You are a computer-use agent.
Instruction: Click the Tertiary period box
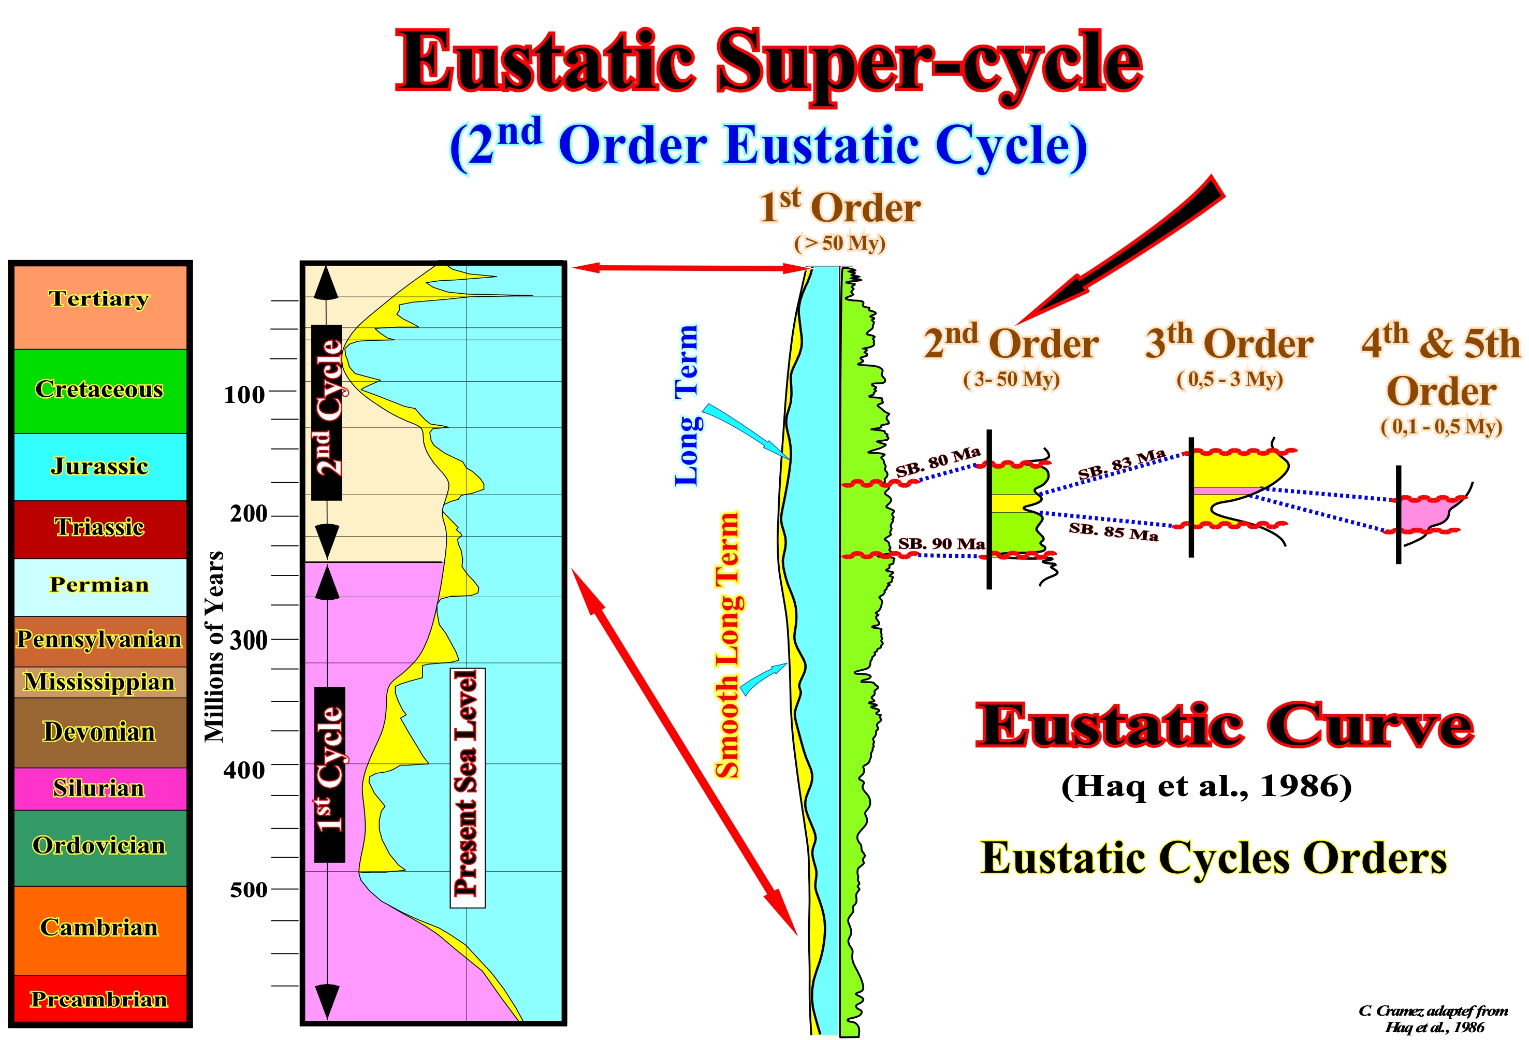click(100, 307)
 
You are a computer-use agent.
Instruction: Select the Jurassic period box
click(100, 467)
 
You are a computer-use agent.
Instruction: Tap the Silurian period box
click(100, 789)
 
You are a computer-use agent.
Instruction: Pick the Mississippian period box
click(100, 682)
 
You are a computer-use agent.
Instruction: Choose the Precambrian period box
click(100, 999)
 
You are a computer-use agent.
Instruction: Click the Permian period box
click(100, 587)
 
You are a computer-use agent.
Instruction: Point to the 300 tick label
click(248, 640)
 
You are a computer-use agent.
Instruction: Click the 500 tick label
click(248, 890)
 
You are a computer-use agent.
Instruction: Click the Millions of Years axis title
click(214, 647)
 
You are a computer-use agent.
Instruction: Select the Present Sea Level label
click(467, 788)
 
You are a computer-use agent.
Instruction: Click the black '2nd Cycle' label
click(327, 412)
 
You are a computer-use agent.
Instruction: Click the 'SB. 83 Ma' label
click(1122, 464)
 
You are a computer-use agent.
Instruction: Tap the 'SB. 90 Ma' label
click(941, 544)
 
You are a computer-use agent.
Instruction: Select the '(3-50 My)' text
click(1011, 380)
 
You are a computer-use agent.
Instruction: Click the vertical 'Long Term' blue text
click(687, 406)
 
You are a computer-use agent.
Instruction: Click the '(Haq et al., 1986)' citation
click(1206, 785)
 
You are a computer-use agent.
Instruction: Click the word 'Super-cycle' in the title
click(929, 64)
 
